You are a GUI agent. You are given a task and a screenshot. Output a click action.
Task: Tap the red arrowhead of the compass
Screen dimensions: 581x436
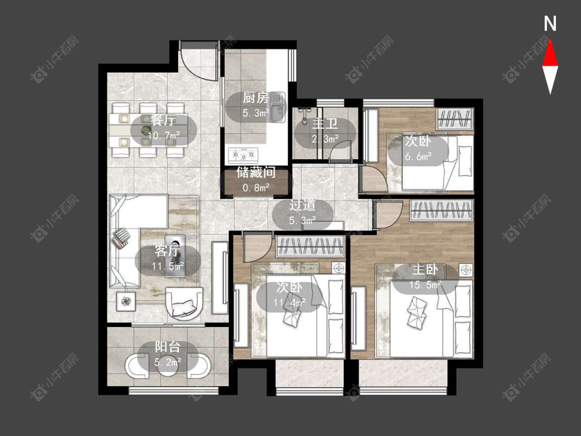click(x=550, y=53)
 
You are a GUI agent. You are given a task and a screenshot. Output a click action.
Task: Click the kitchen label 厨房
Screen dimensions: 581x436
click(x=256, y=98)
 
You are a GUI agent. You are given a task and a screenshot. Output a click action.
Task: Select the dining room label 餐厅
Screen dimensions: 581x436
click(x=163, y=120)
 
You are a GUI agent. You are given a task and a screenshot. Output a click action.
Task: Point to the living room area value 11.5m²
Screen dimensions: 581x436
click(x=167, y=266)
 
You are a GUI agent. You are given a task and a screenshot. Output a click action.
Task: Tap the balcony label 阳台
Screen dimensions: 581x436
click(x=167, y=347)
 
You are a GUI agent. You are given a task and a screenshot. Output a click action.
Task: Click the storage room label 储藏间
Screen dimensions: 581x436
click(x=256, y=173)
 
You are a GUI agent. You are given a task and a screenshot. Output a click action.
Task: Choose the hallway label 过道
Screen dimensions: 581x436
click(x=302, y=205)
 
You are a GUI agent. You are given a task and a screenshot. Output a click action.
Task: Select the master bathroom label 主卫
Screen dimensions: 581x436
click(x=325, y=123)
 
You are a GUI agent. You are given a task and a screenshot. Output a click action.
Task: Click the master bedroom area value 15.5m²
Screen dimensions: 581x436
click(x=426, y=285)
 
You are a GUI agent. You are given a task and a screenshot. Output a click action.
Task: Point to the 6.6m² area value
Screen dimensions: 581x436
click(x=418, y=156)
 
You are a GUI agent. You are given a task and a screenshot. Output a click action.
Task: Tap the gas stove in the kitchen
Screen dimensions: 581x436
click(x=243, y=155)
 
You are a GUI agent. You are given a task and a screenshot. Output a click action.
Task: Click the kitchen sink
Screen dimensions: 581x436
click(x=277, y=107)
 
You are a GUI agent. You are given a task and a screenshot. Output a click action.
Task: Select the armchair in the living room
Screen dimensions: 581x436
click(x=184, y=303)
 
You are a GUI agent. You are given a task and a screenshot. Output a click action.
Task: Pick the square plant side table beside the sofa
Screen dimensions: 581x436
click(x=127, y=301)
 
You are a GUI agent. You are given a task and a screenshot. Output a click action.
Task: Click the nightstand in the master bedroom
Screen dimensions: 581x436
click(x=466, y=270)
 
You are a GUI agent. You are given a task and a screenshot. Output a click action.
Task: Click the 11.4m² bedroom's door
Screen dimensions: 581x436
click(x=256, y=246)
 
